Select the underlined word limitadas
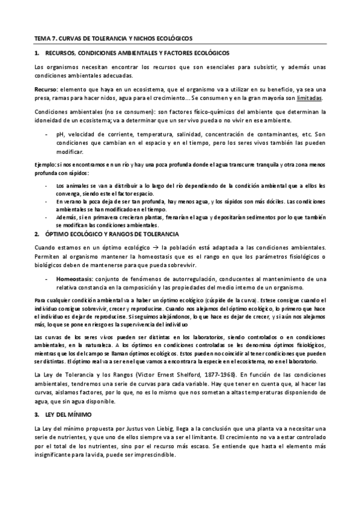[x=310, y=97]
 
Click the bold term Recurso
[x=45, y=88]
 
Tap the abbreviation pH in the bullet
[x=59, y=135]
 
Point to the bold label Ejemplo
[x=45, y=164]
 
